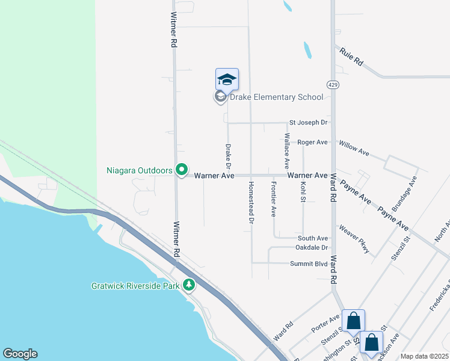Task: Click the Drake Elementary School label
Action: (x=277, y=97)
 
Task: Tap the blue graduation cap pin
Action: (x=227, y=79)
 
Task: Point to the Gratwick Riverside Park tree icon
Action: (x=190, y=285)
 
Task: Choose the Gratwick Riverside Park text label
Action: (x=136, y=286)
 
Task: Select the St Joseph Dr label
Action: (x=308, y=123)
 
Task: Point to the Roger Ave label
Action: (x=312, y=142)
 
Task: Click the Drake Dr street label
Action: (x=228, y=156)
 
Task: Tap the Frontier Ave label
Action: (x=274, y=199)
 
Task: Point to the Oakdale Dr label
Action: (x=312, y=248)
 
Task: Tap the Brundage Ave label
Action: (x=413, y=191)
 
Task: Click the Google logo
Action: (x=20, y=353)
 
